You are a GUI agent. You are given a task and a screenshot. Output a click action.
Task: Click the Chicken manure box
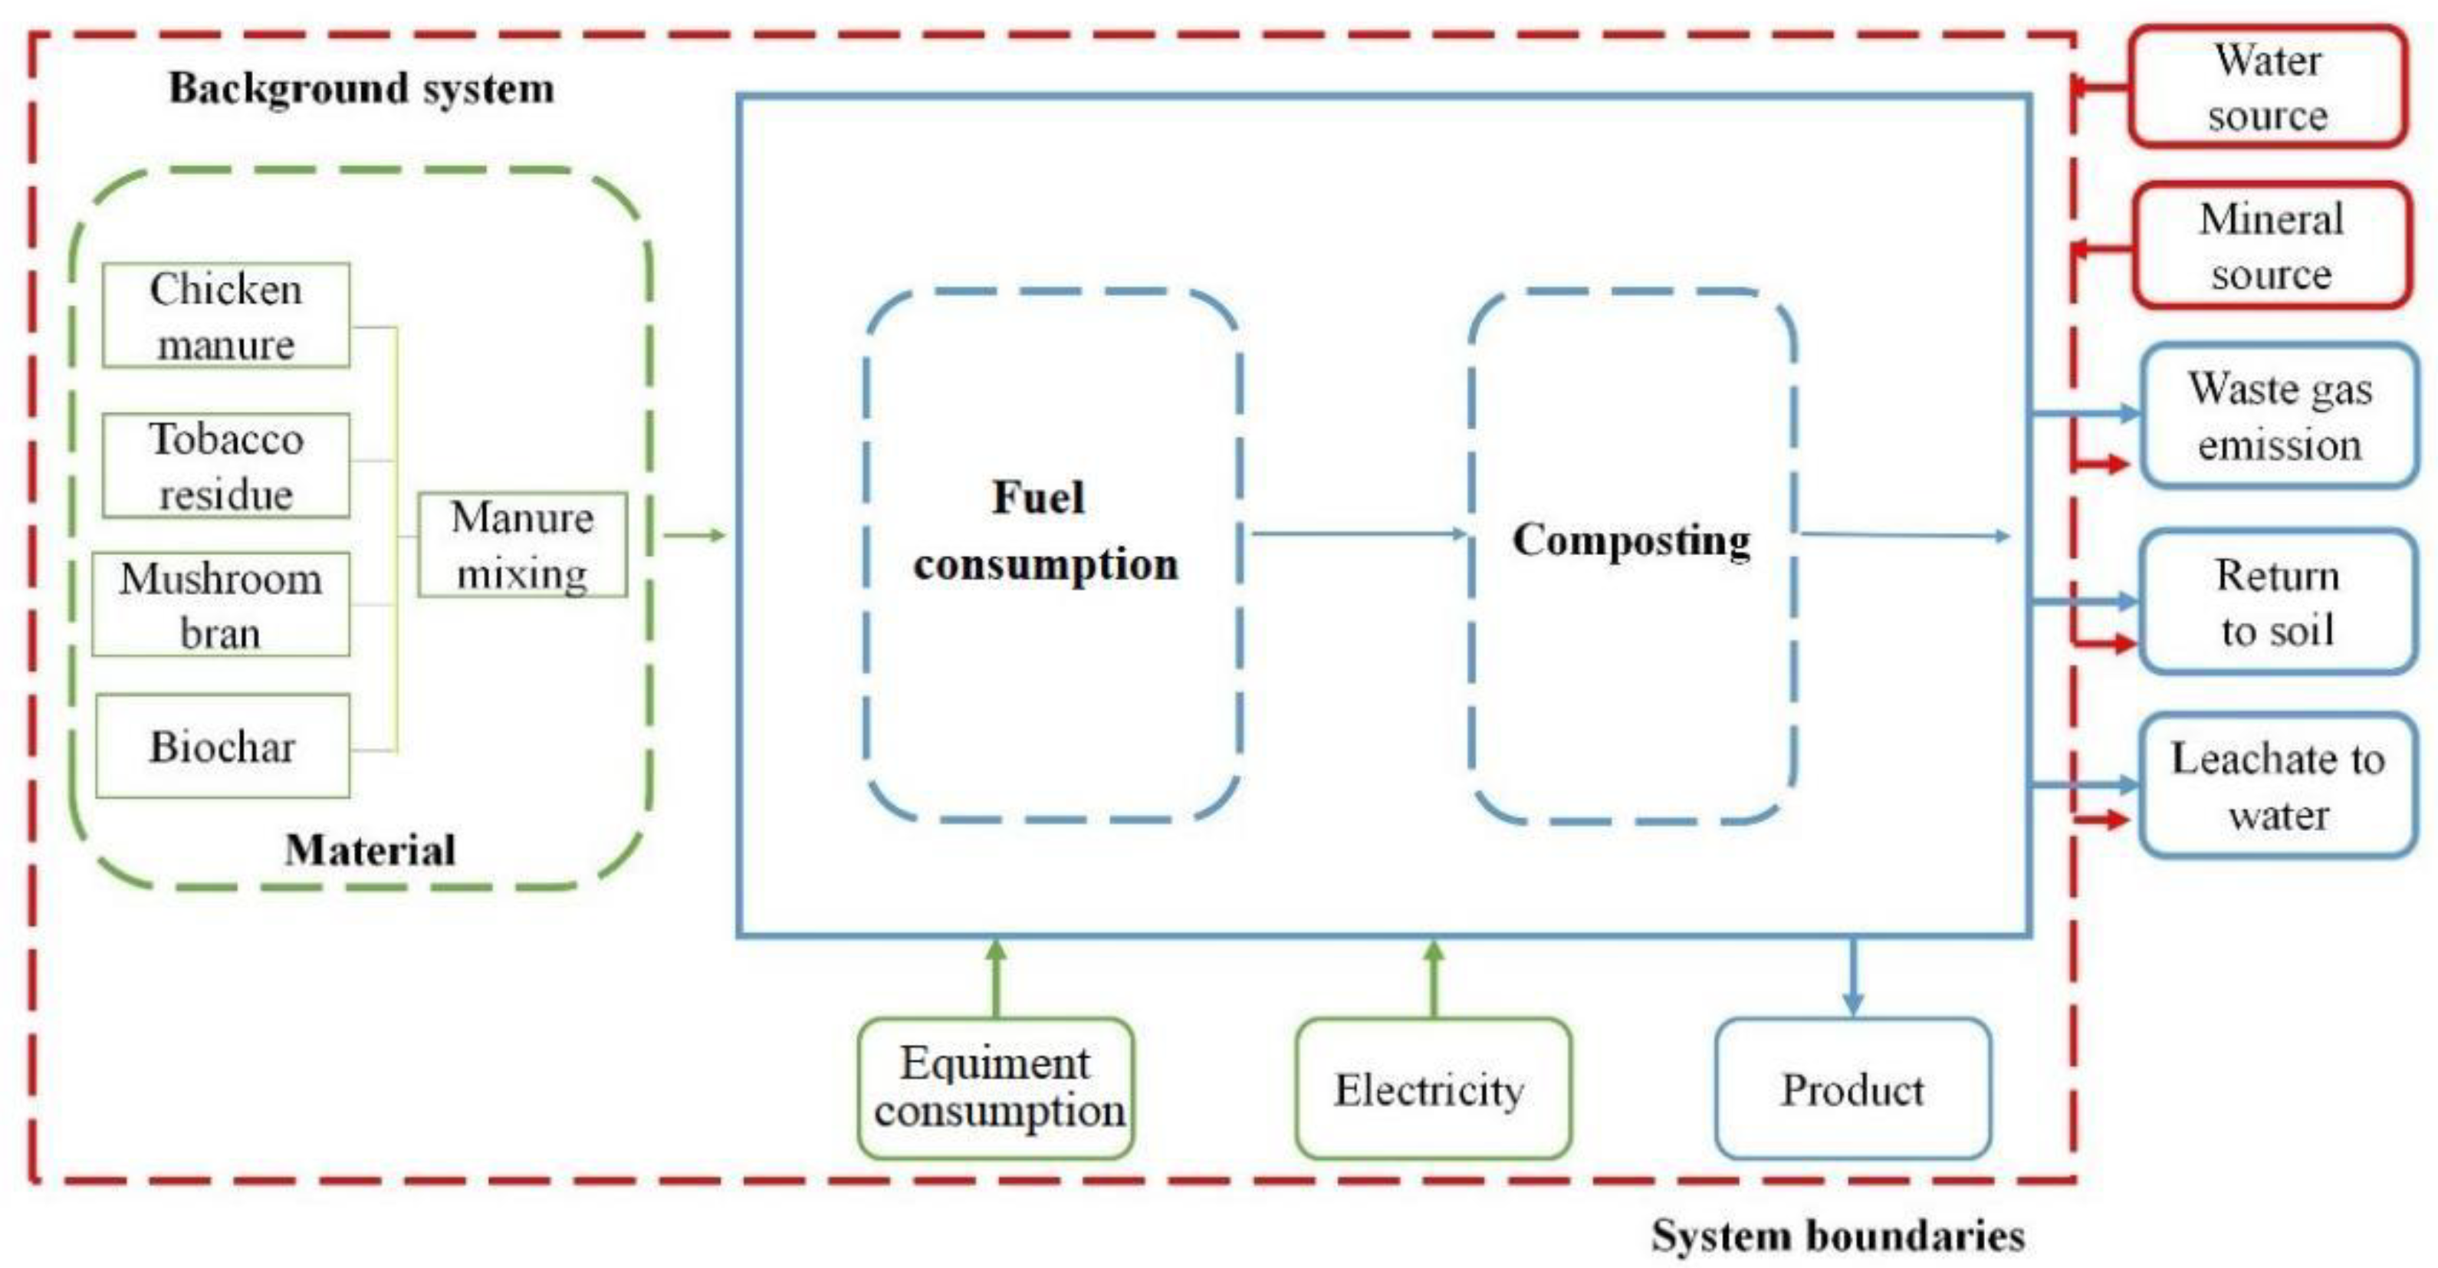(x=225, y=315)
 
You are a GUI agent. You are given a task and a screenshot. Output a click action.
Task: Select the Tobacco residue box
(x=225, y=465)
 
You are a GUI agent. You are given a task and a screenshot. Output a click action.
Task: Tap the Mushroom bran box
(x=221, y=604)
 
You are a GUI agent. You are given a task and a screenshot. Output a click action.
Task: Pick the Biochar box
(x=222, y=746)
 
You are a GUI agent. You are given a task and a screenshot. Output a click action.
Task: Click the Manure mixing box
(x=522, y=544)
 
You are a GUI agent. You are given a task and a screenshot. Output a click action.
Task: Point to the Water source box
(x=2267, y=87)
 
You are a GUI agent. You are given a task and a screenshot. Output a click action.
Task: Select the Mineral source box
(x=2270, y=246)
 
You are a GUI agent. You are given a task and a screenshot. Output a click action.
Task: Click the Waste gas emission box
(x=2279, y=416)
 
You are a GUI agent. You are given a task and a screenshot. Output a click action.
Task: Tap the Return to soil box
(x=2277, y=602)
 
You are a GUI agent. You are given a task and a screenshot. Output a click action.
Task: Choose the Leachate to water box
(x=2277, y=785)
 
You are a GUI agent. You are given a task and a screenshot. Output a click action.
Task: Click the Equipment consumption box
(x=997, y=1087)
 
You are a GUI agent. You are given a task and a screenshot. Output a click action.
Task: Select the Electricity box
(x=1431, y=1088)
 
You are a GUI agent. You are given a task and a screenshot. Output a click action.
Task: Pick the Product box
(x=1852, y=1088)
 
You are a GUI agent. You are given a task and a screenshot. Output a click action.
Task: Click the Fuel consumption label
(x=1045, y=530)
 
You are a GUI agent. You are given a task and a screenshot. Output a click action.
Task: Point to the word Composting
(x=1631, y=540)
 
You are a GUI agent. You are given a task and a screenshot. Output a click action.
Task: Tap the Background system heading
(x=362, y=88)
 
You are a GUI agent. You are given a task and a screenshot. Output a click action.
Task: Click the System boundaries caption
(x=1838, y=1235)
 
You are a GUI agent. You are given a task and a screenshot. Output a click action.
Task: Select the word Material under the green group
(x=370, y=849)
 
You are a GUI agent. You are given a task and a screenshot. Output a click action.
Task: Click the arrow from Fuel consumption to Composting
(x=1357, y=534)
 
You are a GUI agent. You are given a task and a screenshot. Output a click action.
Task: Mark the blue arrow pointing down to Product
(x=1852, y=974)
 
